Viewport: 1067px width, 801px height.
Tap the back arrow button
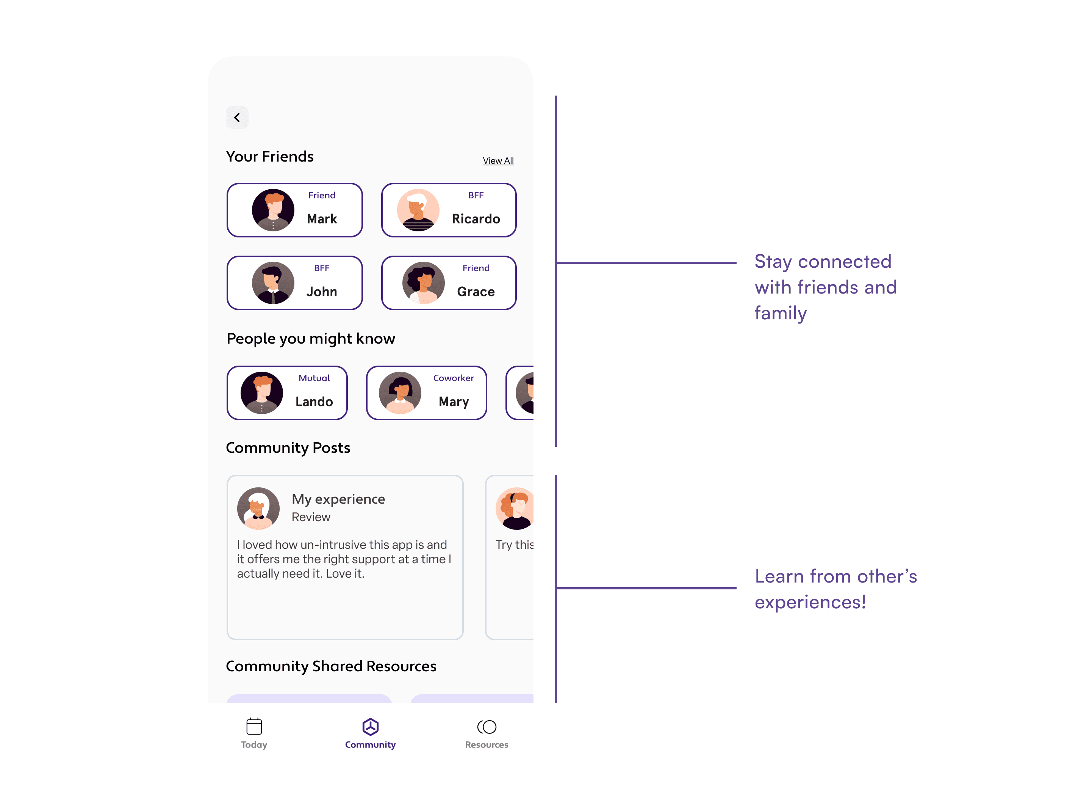(237, 117)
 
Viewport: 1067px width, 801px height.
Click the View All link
(498, 161)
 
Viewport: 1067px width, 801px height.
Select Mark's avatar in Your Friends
(273, 210)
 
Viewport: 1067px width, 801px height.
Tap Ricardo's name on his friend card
(476, 219)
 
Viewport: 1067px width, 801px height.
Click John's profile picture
(273, 283)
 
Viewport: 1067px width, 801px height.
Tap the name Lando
(314, 402)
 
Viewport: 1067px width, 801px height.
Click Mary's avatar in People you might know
(400, 393)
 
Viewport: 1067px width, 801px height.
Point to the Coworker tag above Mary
(454, 378)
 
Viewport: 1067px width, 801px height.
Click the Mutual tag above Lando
(314, 378)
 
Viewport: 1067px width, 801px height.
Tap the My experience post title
(338, 499)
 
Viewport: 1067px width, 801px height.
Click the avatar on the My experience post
(258, 509)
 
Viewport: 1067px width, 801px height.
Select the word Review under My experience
(311, 517)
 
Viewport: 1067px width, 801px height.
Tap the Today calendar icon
(254, 727)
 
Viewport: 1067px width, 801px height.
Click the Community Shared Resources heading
(331, 666)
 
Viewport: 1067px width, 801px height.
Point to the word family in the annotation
(781, 313)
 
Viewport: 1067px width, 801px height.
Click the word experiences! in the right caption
(810, 603)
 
